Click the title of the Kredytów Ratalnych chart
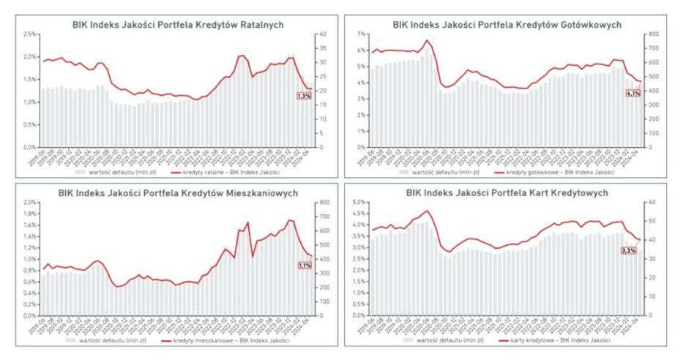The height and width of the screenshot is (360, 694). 178,24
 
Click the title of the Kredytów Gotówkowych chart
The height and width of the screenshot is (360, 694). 507,24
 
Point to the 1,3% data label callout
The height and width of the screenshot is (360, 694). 303,95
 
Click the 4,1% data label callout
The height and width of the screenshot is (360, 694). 633,93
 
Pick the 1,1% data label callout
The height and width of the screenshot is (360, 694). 305,266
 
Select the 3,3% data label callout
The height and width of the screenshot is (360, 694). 628,250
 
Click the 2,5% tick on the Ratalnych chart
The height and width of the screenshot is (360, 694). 29,34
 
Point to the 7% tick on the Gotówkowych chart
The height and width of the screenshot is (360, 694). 359,34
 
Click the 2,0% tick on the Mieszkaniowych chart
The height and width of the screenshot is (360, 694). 29,202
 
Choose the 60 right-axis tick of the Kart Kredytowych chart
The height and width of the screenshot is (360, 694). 650,202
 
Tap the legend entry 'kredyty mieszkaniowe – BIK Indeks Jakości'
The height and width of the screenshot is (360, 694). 233,342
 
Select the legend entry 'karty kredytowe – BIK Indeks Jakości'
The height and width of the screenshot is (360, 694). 558,342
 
